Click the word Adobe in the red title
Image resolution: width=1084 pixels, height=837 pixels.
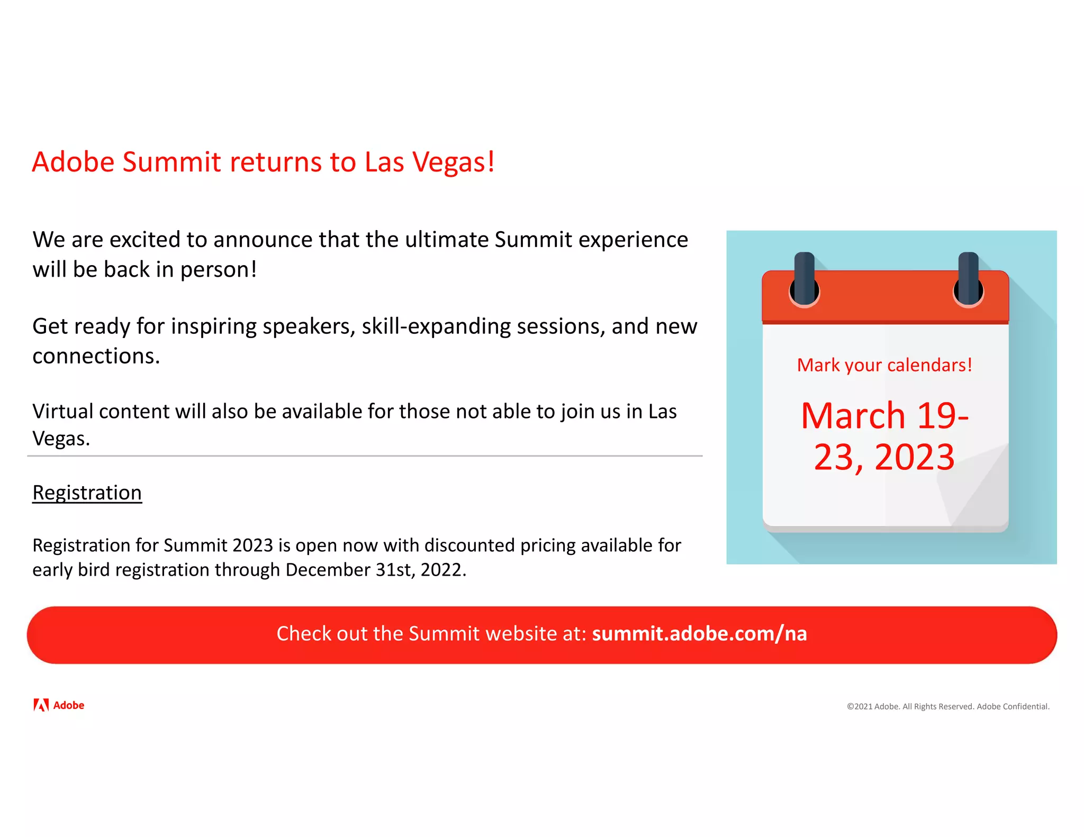pyautogui.click(x=73, y=162)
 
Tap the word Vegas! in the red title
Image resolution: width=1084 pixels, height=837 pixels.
pyautogui.click(x=453, y=162)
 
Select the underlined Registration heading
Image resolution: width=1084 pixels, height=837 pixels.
pyautogui.click(x=87, y=493)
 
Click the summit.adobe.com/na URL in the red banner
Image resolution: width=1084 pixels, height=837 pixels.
pyautogui.click(x=699, y=634)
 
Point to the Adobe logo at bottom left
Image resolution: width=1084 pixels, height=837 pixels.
pyautogui.click(x=59, y=705)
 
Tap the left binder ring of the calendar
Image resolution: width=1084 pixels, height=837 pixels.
pyautogui.click(x=804, y=280)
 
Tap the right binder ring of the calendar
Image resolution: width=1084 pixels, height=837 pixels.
pyautogui.click(x=968, y=280)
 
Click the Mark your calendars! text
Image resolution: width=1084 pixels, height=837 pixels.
pyautogui.click(x=884, y=365)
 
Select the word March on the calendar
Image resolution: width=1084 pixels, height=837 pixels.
pyautogui.click(x=853, y=416)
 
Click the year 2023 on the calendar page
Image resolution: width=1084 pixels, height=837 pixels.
pyautogui.click(x=914, y=457)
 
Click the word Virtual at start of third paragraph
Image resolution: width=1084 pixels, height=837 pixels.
pyautogui.click(x=62, y=412)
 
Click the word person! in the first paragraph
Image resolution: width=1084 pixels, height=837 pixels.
pyautogui.click(x=218, y=270)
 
